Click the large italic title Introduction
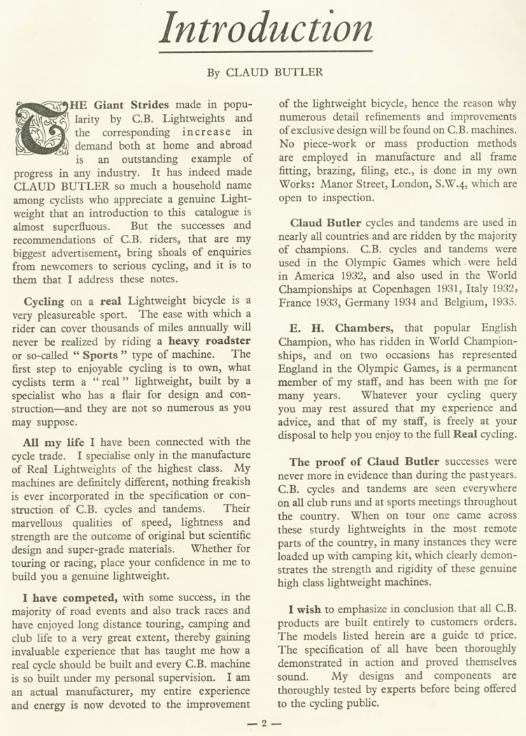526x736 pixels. click(x=266, y=29)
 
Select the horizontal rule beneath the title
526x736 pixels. click(x=265, y=52)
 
